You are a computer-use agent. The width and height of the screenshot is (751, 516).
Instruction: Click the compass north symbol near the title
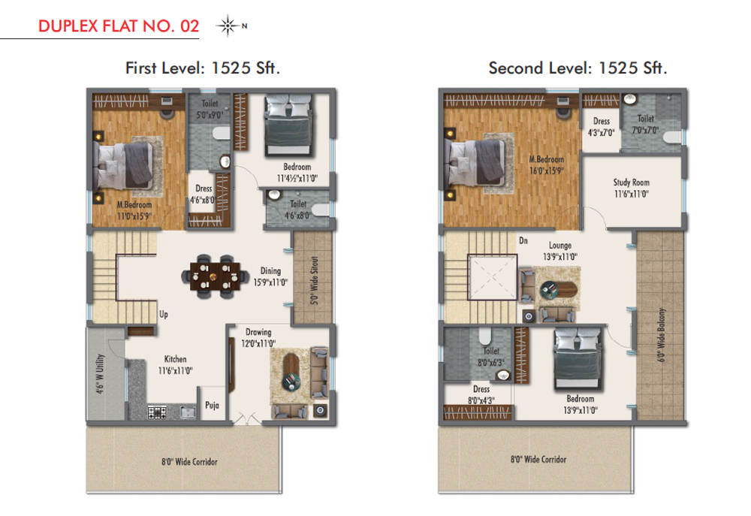pyautogui.click(x=228, y=26)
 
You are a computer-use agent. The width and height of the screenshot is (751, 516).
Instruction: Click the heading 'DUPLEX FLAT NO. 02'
pyautogui.click(x=119, y=26)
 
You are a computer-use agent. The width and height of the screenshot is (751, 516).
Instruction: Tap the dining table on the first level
pyautogui.click(x=215, y=276)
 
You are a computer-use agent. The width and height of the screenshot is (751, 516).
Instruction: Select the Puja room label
pyautogui.click(x=213, y=406)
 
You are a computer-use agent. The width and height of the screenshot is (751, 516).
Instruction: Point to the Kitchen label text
pyautogui.click(x=175, y=359)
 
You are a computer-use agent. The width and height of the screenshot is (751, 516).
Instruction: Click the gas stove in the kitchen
pyautogui.click(x=157, y=412)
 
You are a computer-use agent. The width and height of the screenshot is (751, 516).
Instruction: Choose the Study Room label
pyautogui.click(x=632, y=183)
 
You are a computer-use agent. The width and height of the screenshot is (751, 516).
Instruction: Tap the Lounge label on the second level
pyautogui.click(x=560, y=246)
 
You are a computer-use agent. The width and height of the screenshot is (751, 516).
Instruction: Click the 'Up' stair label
pyautogui.click(x=164, y=314)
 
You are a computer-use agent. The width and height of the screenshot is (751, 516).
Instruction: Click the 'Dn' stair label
pyautogui.click(x=523, y=240)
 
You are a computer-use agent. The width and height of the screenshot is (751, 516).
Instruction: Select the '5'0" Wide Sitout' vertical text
pyautogui.click(x=314, y=280)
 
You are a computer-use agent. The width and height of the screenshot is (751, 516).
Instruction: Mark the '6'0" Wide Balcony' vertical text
pyautogui.click(x=662, y=335)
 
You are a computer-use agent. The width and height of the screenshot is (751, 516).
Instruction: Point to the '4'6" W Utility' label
pyautogui.click(x=100, y=374)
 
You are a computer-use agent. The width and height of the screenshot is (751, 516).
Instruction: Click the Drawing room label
pyautogui.click(x=258, y=332)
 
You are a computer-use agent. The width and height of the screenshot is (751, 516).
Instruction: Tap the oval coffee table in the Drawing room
pyautogui.click(x=291, y=372)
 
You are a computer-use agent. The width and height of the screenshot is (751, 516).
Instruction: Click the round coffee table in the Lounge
pyautogui.click(x=549, y=289)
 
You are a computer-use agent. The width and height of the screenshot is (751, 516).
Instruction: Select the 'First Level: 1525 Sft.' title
pyautogui.click(x=202, y=68)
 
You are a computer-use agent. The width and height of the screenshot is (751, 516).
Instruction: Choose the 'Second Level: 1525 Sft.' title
pyautogui.click(x=578, y=68)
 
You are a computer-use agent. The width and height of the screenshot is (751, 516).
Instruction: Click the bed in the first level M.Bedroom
pyautogui.click(x=125, y=166)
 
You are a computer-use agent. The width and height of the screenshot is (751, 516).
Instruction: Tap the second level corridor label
pyautogui.click(x=538, y=460)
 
